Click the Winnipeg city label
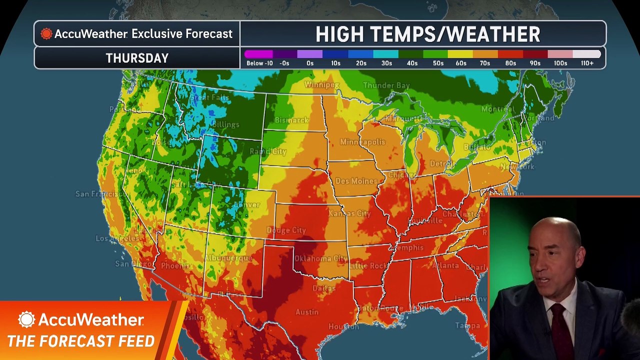tap(321, 85)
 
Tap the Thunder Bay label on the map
tap(386, 85)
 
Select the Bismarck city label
tap(291, 120)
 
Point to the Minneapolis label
tap(362, 142)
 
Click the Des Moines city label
tap(356, 181)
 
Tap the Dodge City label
tap(286, 230)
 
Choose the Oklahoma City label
tap(320, 258)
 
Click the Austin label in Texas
tap(307, 312)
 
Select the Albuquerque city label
tap(228, 258)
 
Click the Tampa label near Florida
tap(467, 325)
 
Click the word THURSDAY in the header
tap(137, 58)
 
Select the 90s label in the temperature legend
tap(535, 63)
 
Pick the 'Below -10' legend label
tap(259, 63)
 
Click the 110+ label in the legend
tap(587, 63)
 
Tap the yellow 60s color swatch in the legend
tap(460, 54)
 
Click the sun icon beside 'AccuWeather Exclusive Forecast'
tap(46, 34)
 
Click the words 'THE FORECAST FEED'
tap(81, 341)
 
